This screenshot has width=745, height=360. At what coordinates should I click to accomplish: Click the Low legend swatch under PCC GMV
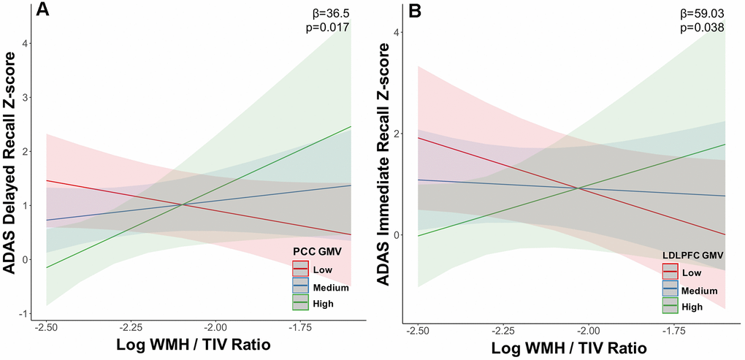[301, 269]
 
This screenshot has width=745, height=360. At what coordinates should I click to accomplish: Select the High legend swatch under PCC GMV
[301, 302]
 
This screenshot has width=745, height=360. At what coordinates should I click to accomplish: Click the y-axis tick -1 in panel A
[26, 313]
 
